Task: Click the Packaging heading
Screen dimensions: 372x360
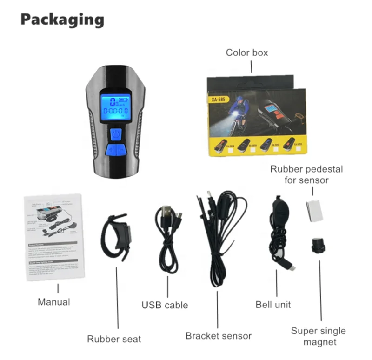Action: [x=62, y=20]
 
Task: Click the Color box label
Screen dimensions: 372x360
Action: [x=247, y=53]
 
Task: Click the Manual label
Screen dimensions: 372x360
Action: [x=54, y=302]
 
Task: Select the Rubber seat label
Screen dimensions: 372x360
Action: [x=114, y=338]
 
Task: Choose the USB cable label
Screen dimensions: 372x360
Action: [x=165, y=306]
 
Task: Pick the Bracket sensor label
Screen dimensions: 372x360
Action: [x=219, y=335]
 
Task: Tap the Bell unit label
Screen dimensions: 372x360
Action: [x=273, y=305]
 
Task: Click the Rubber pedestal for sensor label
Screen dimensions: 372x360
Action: [x=307, y=174]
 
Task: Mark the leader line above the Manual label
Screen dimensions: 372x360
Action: [x=58, y=288]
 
